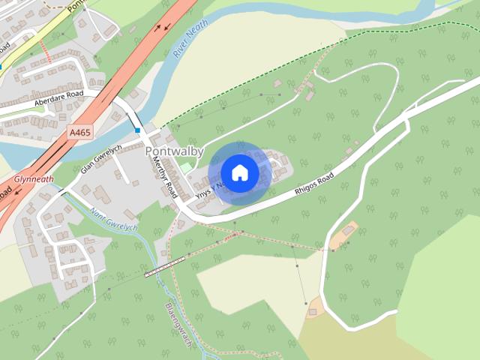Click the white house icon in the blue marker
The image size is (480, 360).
point(239,172)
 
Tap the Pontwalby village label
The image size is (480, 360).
point(174,151)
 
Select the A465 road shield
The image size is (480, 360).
point(79,132)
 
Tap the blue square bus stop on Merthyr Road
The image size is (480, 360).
point(138,130)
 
